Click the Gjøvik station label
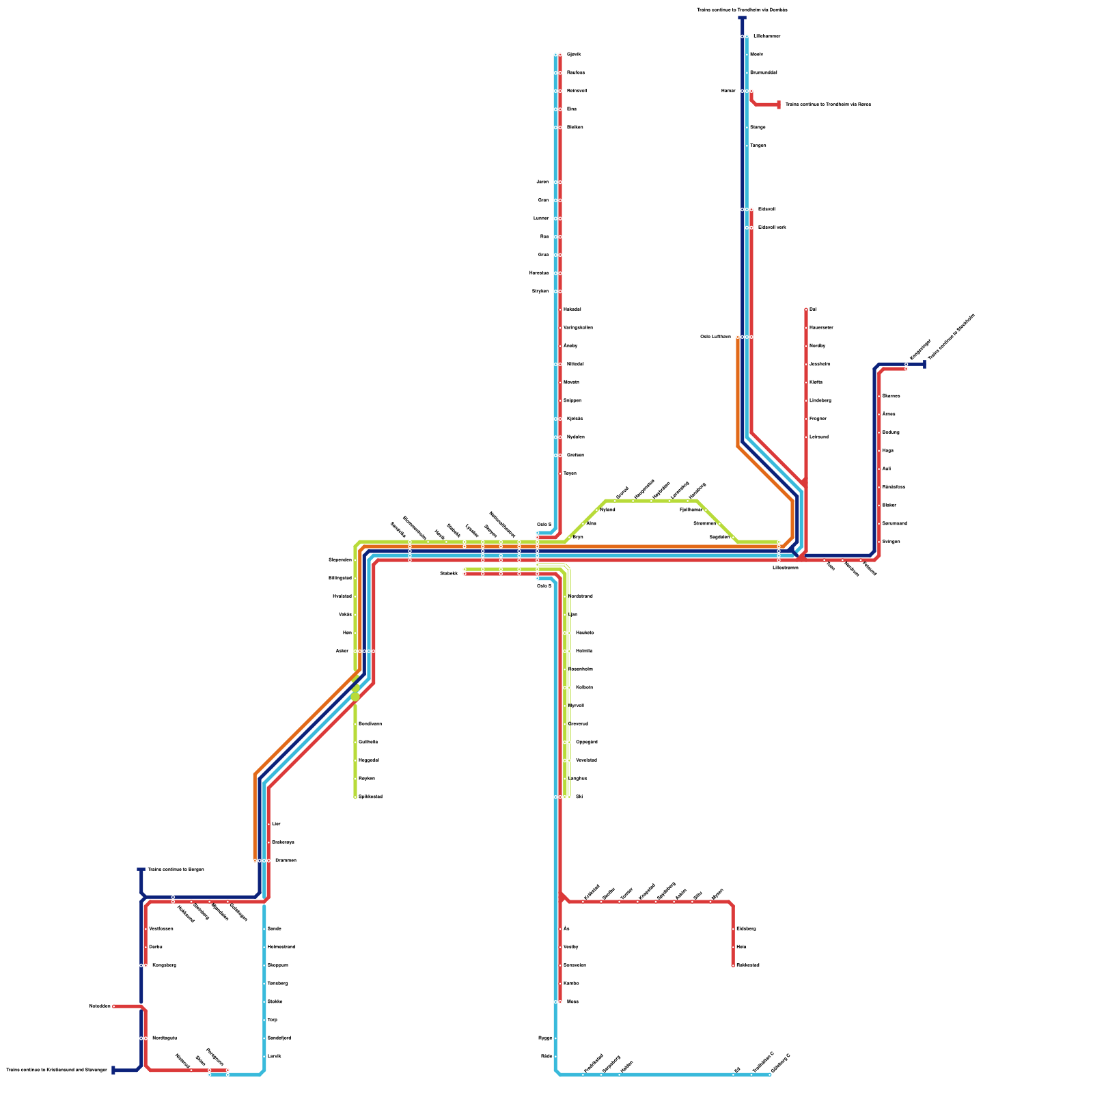click(574, 55)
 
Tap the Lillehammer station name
click(766, 36)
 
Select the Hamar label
click(728, 91)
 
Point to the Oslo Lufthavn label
click(715, 337)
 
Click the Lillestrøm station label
click(785, 568)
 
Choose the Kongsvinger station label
click(920, 349)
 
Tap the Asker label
click(342, 651)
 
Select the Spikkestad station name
click(370, 797)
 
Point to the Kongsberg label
click(164, 965)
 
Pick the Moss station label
click(572, 1001)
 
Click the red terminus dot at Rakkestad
click(733, 965)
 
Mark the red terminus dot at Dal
click(806, 309)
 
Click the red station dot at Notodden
click(114, 1006)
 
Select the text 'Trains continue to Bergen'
click(176, 870)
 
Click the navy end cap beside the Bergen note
click(141, 870)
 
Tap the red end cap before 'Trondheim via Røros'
click(779, 105)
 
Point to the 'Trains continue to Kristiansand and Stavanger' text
click(57, 1070)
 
